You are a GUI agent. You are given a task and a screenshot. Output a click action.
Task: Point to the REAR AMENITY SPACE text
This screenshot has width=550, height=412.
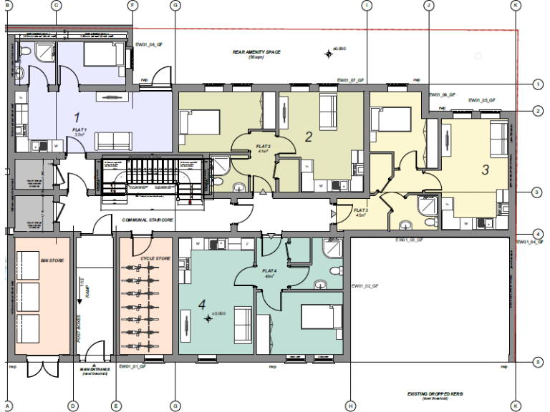(256, 52)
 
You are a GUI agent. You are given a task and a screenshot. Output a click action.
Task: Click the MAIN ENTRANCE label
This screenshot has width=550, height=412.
(93, 370)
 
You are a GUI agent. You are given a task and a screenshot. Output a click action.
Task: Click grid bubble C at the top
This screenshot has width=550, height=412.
(57, 5)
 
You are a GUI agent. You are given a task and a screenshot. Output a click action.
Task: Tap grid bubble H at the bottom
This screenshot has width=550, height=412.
(350, 406)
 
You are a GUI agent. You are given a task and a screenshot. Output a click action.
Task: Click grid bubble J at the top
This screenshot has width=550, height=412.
(428, 5)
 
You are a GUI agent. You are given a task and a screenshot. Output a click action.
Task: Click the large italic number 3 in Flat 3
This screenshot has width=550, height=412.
(485, 170)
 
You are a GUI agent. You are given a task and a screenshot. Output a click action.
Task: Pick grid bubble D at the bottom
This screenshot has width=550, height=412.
(72, 406)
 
